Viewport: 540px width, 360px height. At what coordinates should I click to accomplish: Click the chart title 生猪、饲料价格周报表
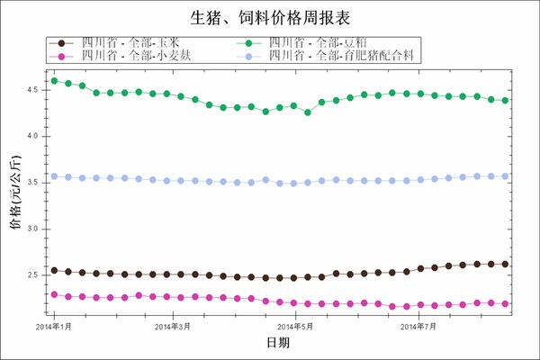[270, 17]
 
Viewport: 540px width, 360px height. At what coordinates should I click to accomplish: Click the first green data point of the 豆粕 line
[54, 81]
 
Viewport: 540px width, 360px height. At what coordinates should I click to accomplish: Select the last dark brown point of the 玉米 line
[505, 264]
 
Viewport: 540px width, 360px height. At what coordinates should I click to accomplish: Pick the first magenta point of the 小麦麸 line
[54, 294]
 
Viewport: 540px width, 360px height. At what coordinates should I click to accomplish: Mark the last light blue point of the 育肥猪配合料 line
[505, 176]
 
